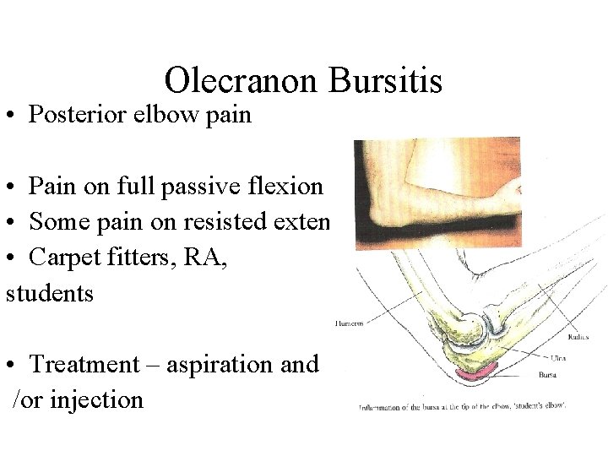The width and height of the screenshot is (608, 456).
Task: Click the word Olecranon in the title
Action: pos(241,81)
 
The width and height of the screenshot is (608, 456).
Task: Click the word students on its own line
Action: pos(50,293)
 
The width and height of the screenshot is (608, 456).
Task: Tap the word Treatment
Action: pos(84,364)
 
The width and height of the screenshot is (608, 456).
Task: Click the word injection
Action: pos(97,399)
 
